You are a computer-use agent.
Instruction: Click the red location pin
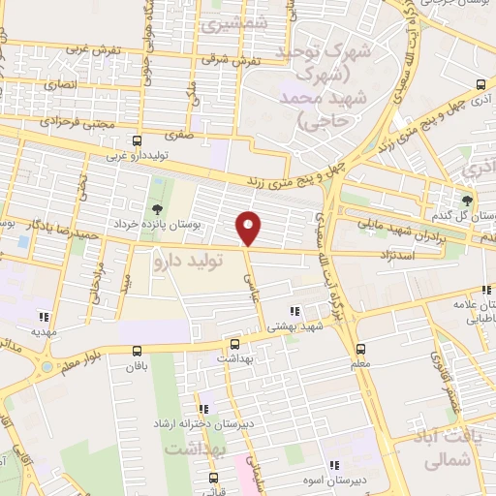[250, 227]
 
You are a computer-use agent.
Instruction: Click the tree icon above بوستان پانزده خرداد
[156, 209]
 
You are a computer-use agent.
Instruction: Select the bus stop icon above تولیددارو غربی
[136, 140]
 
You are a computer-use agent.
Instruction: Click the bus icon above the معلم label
[360, 349]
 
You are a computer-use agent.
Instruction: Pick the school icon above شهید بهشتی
[294, 312]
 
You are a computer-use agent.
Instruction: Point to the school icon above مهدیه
[43, 316]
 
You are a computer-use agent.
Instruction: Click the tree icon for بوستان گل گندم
[469, 199]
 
